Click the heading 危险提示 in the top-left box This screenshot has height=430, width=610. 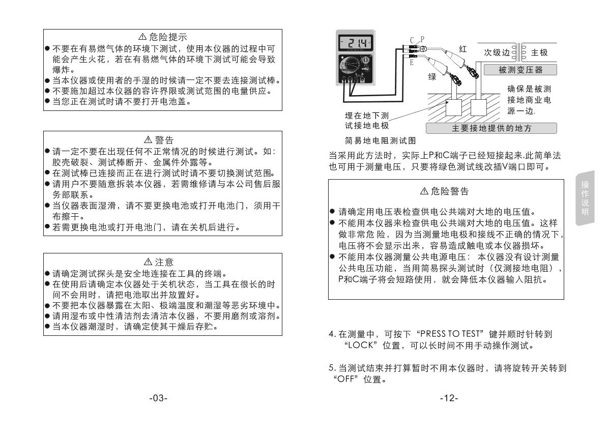[163, 37]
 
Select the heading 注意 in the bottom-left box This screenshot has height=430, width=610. [163, 262]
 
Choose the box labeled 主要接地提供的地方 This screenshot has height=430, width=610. [491, 128]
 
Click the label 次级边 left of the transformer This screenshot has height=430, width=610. [496, 52]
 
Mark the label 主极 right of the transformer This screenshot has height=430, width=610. [539, 52]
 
